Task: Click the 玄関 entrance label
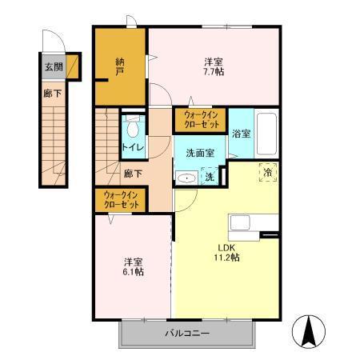point(54,67)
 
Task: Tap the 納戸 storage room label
point(120,67)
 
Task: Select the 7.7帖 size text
point(214,72)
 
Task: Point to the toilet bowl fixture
point(133,126)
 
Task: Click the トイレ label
point(133,147)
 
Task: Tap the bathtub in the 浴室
point(266,134)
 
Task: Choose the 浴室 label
point(241,134)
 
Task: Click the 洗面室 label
point(200,153)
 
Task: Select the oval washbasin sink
point(186,178)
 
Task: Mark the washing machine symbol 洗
point(210,176)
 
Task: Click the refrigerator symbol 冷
point(268,173)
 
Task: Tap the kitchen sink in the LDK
point(240,223)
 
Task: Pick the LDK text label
point(226,248)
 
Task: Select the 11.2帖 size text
point(226,258)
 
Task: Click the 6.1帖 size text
point(134,272)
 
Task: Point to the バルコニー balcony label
point(187,333)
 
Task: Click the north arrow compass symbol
point(309,330)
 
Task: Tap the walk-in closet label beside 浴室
point(202,120)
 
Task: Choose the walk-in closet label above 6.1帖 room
point(122,200)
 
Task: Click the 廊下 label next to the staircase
point(133,174)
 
